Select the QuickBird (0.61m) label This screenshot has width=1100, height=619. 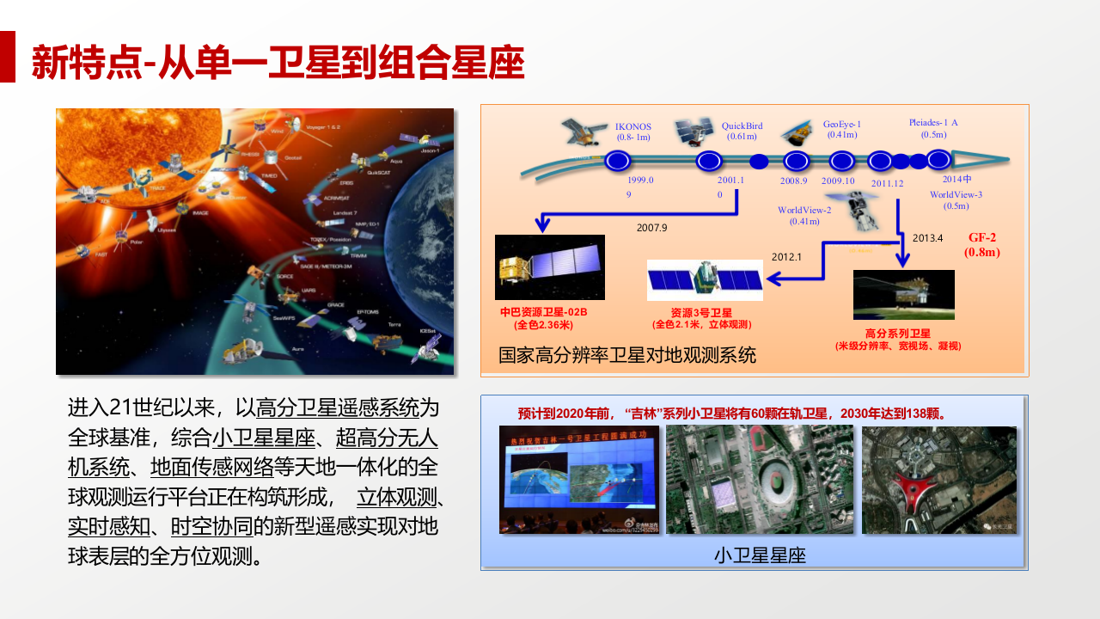tap(741, 131)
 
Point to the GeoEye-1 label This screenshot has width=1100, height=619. tap(841, 129)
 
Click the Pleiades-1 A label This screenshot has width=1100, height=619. tap(932, 128)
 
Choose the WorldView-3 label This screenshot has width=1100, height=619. tap(956, 199)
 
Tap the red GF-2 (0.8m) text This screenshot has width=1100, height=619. tap(981, 244)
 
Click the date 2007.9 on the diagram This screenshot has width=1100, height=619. tap(651, 228)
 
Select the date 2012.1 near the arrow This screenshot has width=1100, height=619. tap(785, 256)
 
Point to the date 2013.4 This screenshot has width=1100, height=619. tap(927, 238)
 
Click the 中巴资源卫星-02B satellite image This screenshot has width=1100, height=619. tap(550, 267)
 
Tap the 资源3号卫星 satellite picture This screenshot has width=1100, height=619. tap(704, 279)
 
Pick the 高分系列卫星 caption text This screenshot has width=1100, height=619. tap(897, 333)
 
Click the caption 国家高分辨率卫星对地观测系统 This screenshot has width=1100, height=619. tap(627, 355)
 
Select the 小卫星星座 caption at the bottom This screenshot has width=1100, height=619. tap(759, 555)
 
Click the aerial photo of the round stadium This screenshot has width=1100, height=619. tap(759, 480)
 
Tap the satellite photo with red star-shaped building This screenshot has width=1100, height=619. tap(938, 480)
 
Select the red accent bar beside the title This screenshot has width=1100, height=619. tap(8, 57)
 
